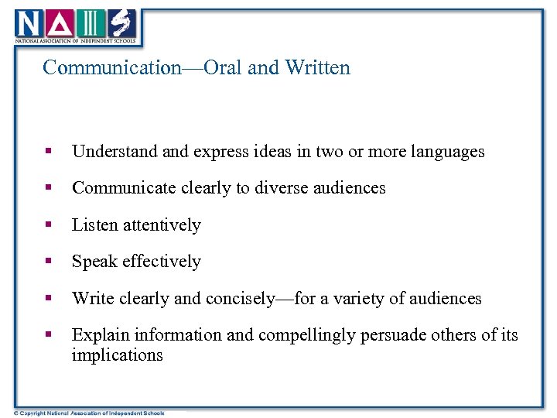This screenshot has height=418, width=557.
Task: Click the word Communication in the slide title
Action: [x=111, y=68]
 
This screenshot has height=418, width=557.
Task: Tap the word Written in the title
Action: [x=317, y=68]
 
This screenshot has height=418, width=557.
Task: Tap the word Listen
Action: [x=93, y=225]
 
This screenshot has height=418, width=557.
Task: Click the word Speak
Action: [x=92, y=262]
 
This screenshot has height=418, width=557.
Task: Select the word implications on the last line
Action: [x=117, y=355]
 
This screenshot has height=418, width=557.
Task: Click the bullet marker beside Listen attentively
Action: [x=48, y=225]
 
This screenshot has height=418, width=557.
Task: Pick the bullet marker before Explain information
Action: [x=48, y=335]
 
